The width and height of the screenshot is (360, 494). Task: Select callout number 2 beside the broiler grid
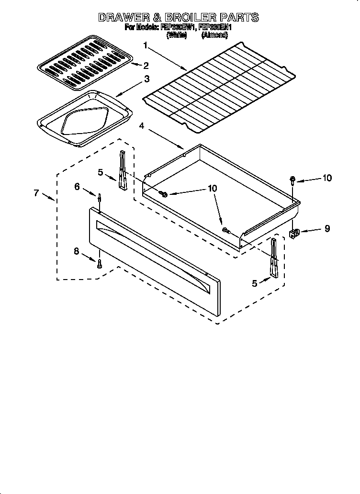pyautogui.click(x=146, y=65)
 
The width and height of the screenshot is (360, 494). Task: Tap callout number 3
pyautogui.click(x=146, y=79)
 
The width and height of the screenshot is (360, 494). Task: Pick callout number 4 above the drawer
pyautogui.click(x=142, y=125)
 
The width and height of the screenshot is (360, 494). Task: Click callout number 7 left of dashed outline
pyautogui.click(x=36, y=193)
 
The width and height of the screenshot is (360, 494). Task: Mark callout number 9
pyautogui.click(x=327, y=229)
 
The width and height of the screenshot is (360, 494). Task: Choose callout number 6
pyautogui.click(x=77, y=187)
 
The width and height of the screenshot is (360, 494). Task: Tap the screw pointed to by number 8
pyautogui.click(x=100, y=263)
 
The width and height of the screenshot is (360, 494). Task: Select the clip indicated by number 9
pyautogui.click(x=294, y=233)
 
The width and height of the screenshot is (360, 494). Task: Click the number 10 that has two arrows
pyautogui.click(x=211, y=189)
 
